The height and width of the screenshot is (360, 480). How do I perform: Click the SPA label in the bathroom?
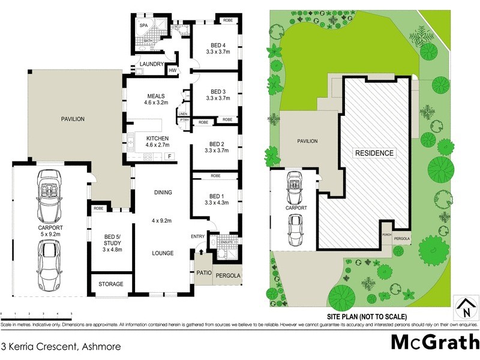click(x=143, y=26)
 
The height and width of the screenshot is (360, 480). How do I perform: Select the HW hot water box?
click(x=173, y=71)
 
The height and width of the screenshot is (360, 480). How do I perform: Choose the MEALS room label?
click(x=156, y=96)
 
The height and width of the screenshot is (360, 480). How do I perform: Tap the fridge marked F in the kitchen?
click(x=170, y=157)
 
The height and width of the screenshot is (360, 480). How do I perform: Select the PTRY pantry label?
click(x=184, y=120)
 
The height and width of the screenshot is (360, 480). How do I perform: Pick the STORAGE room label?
click(x=111, y=284)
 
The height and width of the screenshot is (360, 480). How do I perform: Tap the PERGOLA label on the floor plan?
click(x=228, y=276)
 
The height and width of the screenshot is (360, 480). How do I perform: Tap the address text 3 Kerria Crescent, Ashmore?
click(x=61, y=346)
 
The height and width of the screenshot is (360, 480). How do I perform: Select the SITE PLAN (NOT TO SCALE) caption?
click(x=367, y=316)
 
